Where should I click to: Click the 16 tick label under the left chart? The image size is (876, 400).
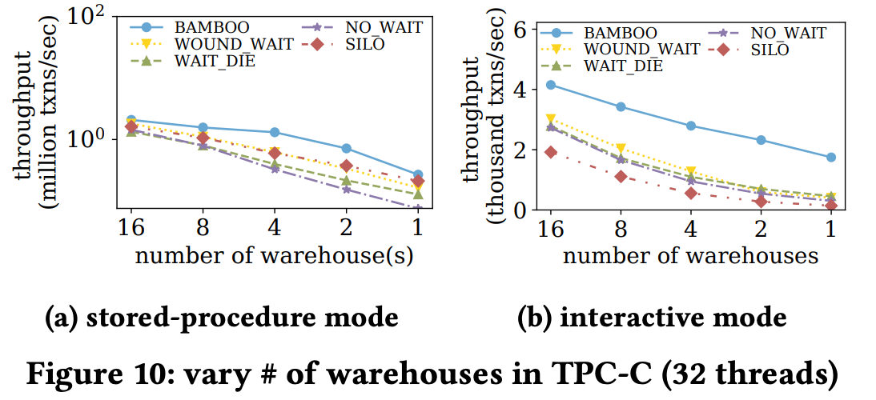131,228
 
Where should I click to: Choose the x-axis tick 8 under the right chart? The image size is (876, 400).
621,228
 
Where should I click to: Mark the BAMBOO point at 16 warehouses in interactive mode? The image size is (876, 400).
550,85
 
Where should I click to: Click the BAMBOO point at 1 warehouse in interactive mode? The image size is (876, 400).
831,158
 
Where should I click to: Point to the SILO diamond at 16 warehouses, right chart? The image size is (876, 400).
550,152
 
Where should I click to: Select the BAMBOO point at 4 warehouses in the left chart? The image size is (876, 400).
275,132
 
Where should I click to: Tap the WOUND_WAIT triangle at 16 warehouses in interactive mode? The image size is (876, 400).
550,119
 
